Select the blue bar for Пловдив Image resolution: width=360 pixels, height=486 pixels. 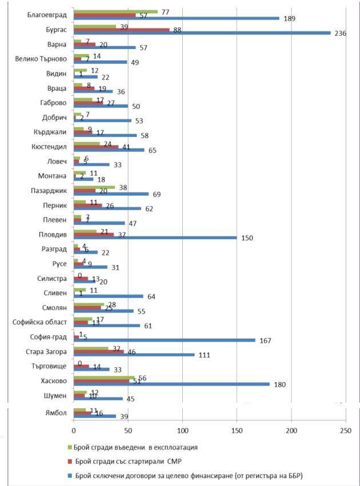(x=155, y=238)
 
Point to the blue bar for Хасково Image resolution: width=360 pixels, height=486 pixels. (x=171, y=384)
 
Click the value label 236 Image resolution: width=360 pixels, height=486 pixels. (x=341, y=33)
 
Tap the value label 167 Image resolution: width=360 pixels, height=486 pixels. (x=265, y=341)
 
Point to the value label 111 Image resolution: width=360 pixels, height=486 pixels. (x=203, y=355)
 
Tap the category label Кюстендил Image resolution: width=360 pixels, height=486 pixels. (x=50, y=146)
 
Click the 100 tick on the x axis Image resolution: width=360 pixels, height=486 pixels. (x=182, y=430)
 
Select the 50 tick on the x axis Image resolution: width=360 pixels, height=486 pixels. (x=128, y=430)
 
